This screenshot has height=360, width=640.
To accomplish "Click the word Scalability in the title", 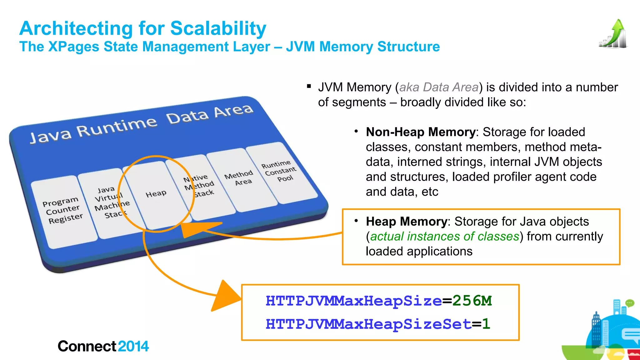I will [218, 28].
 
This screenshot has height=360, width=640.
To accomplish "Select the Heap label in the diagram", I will [156, 194].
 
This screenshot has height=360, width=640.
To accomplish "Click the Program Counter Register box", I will [63, 210].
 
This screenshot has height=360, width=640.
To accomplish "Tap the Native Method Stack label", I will [200, 186].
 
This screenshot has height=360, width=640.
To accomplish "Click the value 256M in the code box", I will [472, 301].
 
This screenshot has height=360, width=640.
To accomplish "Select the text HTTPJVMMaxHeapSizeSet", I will [368, 324].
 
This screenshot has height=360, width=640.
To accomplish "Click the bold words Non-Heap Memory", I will [421, 132].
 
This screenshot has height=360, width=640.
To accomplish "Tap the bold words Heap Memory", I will [406, 222].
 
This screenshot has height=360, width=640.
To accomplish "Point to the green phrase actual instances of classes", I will [444, 237].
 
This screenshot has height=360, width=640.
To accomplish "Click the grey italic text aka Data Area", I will [439, 87].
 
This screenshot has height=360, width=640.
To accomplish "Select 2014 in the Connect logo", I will [133, 346].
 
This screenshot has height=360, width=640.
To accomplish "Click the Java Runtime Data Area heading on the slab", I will [141, 123].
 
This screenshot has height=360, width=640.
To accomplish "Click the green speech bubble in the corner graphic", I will [629, 303].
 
